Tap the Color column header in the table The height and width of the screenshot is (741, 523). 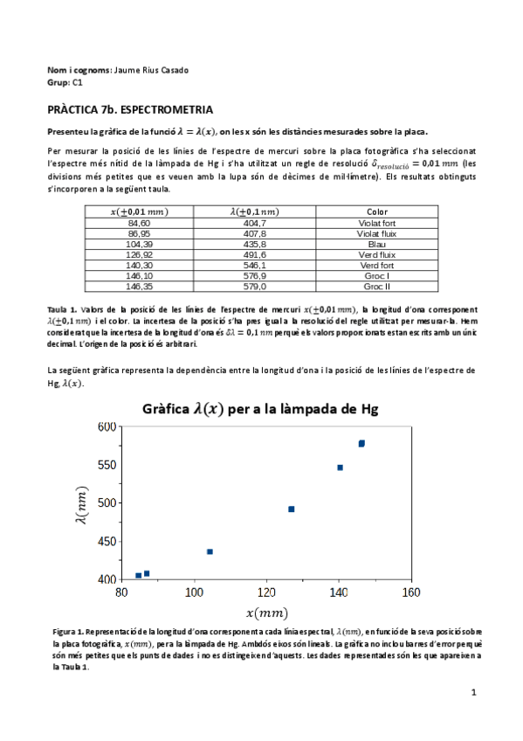376,211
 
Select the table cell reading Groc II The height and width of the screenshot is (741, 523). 376,286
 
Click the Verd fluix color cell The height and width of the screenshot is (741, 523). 376,255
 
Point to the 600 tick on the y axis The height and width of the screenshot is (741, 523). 107,426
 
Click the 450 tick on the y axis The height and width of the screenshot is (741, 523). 107,541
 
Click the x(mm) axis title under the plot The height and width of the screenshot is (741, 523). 266,613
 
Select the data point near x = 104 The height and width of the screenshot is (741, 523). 210,551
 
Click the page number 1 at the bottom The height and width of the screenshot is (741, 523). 472,693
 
